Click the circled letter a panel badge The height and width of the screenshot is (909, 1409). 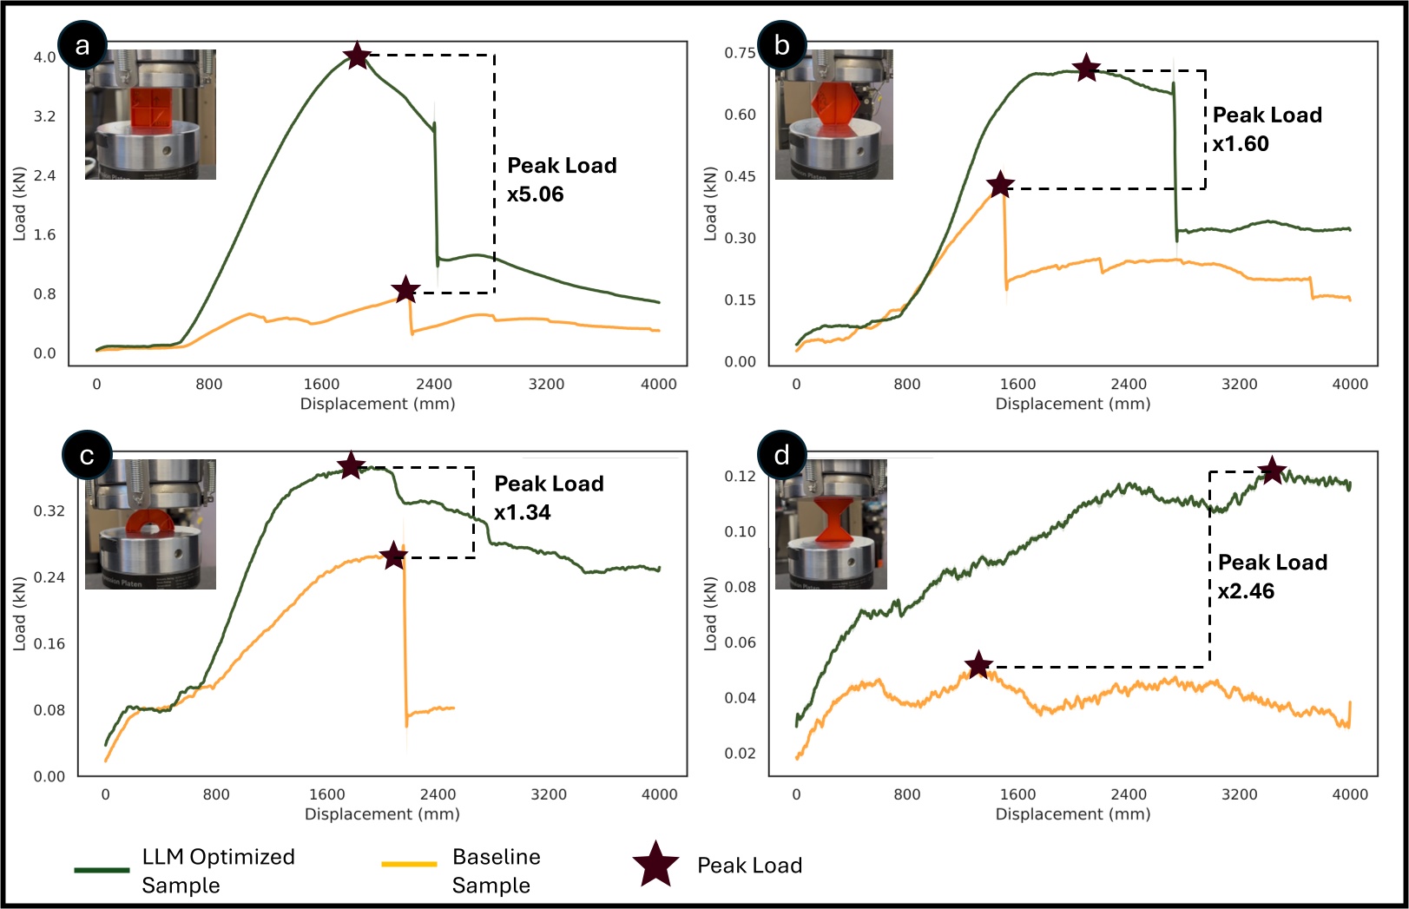click(82, 45)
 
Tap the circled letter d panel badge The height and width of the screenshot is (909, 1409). click(781, 455)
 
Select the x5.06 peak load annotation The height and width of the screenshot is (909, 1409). click(535, 194)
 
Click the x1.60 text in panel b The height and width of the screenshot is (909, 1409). click(1241, 144)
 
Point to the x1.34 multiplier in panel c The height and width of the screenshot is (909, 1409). click(522, 512)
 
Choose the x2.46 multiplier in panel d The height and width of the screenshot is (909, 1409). click(1246, 591)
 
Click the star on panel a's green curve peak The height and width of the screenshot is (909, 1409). click(357, 56)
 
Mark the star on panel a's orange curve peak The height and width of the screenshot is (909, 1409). click(405, 290)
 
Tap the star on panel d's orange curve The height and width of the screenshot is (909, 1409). click(978, 665)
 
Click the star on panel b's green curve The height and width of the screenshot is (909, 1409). click(1086, 68)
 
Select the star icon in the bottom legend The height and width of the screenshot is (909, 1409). click(655, 865)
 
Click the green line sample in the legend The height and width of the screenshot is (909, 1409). click(102, 869)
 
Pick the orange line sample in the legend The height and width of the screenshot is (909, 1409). click(409, 864)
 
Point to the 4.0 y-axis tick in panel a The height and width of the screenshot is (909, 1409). click(44, 57)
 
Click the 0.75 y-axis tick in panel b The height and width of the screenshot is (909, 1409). click(740, 53)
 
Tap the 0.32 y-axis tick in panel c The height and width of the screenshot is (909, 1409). click(49, 510)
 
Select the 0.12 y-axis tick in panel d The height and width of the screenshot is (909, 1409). click(740, 476)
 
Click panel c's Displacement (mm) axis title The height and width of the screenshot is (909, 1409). click(382, 813)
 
